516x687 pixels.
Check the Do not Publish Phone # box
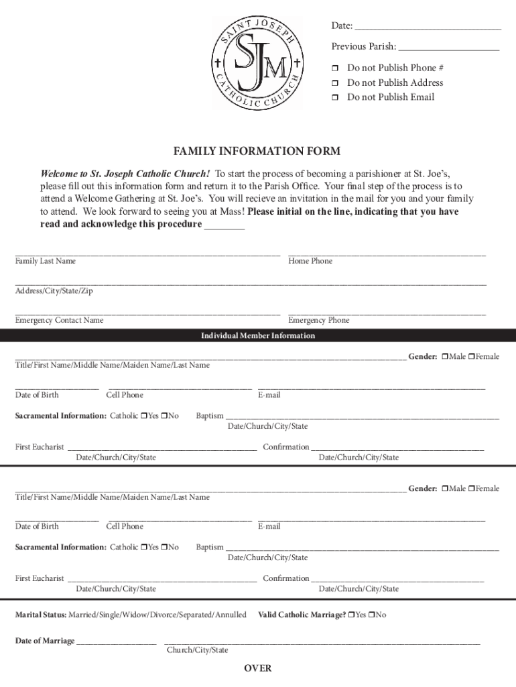point(336,68)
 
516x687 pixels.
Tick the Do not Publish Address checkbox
point(336,83)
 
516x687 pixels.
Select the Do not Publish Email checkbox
point(336,98)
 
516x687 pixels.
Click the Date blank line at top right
point(428,28)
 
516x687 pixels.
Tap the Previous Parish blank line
point(449,49)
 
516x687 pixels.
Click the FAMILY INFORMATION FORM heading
point(257,152)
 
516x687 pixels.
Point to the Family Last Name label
point(46,261)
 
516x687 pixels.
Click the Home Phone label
point(310,261)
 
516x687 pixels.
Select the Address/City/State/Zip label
point(54,290)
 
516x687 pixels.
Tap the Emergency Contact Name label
point(60,321)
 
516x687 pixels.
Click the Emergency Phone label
point(319,321)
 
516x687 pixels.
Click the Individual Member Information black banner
point(258,336)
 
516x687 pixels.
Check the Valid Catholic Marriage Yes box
point(352,615)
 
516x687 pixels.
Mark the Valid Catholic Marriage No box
point(373,615)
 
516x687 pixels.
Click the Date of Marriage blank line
point(117,643)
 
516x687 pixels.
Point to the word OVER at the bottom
point(258,668)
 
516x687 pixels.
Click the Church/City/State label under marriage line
point(197,650)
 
